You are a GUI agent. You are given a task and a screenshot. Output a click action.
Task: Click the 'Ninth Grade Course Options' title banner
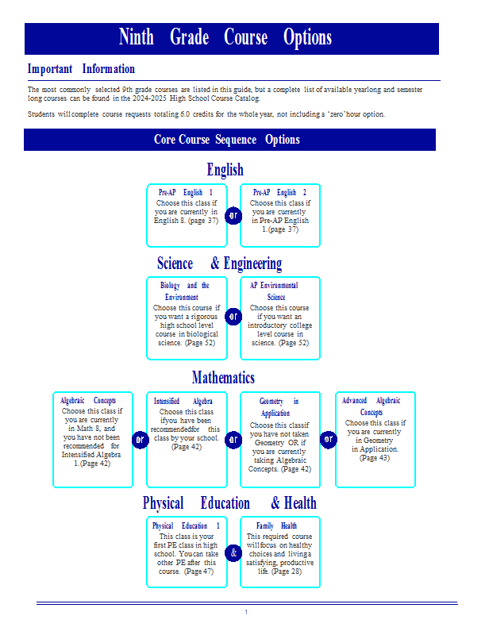[x=231, y=38]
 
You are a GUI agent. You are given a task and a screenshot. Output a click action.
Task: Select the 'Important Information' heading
[x=81, y=69]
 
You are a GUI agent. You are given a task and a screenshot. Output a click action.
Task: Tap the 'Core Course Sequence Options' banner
[x=229, y=140]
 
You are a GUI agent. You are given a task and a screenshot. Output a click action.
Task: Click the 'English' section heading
[x=225, y=169]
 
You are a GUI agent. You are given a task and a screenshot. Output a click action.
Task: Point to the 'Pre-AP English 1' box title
[x=186, y=192]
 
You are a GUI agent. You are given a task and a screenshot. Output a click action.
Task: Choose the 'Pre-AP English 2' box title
[x=279, y=192]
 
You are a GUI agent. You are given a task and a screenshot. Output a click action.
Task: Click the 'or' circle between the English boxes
[x=233, y=215]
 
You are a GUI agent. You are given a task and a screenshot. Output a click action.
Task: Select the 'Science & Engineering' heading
[x=220, y=264]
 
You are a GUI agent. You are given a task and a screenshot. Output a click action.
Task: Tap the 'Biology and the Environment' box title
[x=185, y=291]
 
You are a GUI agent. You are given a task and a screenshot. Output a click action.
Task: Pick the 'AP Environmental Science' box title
[x=275, y=291]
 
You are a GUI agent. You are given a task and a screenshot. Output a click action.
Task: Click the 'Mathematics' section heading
[x=223, y=378]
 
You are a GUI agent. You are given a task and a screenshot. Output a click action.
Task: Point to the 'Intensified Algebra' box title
[x=183, y=401]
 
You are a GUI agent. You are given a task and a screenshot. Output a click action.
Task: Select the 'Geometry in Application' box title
[x=279, y=407]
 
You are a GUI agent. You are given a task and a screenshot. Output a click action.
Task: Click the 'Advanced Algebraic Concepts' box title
[x=371, y=406]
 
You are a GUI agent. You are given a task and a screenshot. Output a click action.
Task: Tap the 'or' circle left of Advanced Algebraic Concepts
[x=329, y=440]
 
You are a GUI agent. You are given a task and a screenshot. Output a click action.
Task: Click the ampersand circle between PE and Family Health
[x=233, y=552]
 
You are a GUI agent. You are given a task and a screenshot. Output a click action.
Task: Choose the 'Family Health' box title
[x=277, y=525]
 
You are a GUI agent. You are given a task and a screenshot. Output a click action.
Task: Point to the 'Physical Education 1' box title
[x=186, y=525]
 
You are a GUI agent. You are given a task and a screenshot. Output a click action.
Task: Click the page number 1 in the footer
[x=246, y=612]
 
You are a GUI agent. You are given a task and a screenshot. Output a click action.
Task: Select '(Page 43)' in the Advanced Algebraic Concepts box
[x=375, y=458]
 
